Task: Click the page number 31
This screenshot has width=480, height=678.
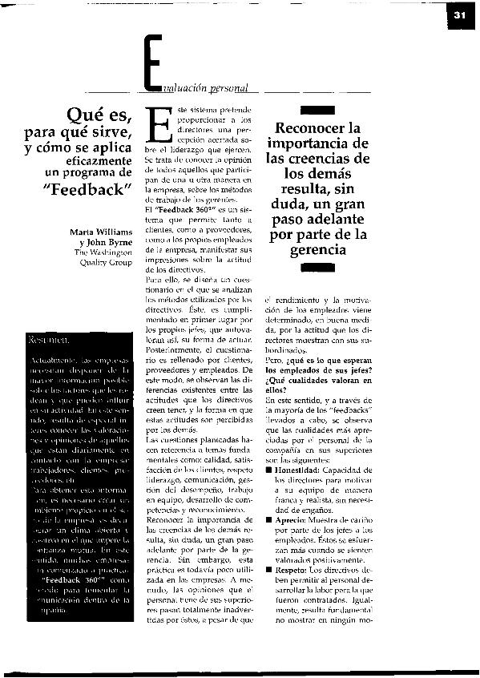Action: pyautogui.click(x=459, y=15)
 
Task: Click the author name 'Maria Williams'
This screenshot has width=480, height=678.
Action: pyautogui.click(x=99, y=232)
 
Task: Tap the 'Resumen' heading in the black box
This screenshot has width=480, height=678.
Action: pyautogui.click(x=47, y=340)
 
